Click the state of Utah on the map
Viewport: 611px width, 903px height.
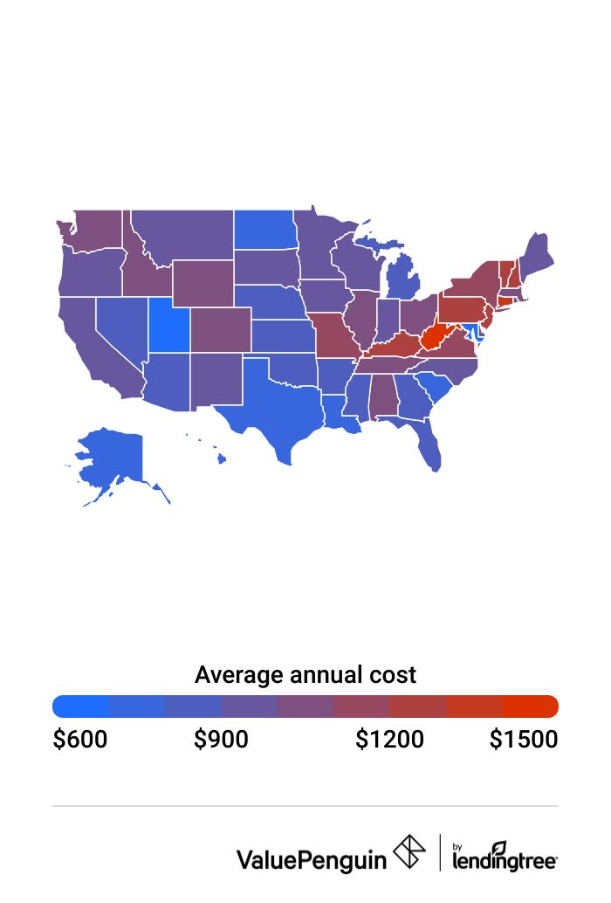[168, 325]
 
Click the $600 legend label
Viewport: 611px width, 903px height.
[80, 740]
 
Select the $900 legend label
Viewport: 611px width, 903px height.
[221, 740]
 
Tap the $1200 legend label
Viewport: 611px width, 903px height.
[389, 740]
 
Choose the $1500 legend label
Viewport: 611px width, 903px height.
[523, 740]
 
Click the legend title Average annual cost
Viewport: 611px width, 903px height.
[305, 675]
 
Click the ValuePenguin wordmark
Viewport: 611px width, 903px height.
[311, 859]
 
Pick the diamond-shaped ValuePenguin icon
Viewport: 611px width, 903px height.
[409, 851]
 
